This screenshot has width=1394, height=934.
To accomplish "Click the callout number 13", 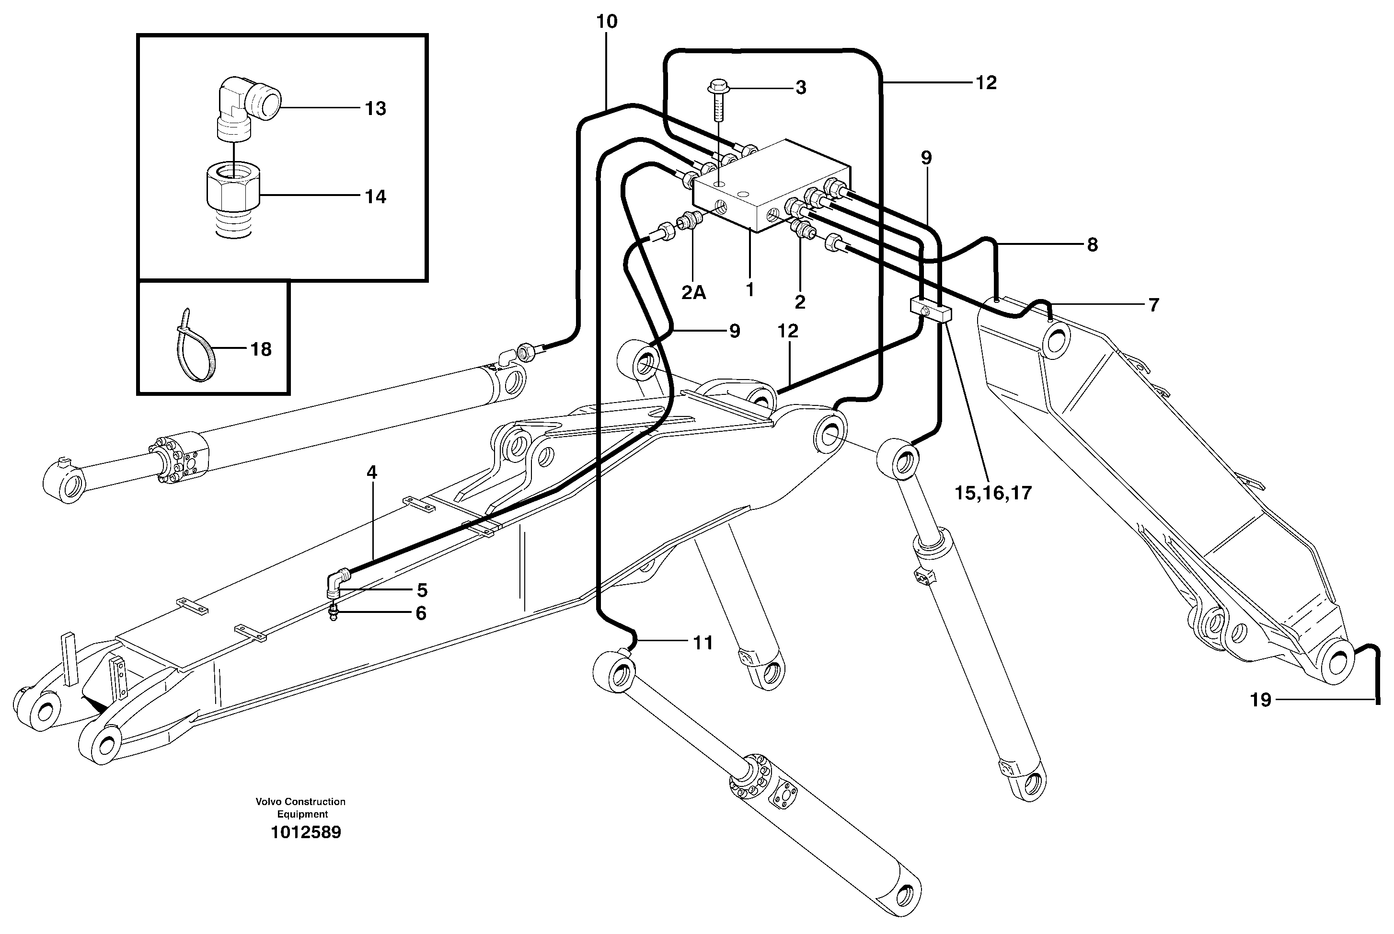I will (375, 108).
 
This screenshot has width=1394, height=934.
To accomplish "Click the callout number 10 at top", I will (607, 22).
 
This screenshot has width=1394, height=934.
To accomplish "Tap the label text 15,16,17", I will (992, 493).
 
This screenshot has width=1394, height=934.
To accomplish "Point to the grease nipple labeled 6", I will (334, 613).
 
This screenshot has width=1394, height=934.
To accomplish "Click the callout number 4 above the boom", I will (371, 473).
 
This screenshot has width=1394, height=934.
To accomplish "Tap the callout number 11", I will (703, 643).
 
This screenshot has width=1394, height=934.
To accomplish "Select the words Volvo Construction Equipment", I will (301, 807).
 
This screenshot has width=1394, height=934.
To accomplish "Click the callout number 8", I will (1092, 245).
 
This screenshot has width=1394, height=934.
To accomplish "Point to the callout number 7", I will (1153, 305).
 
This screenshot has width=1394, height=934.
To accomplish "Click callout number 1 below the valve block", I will (749, 289).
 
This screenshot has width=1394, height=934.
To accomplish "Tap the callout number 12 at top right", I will (986, 83).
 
